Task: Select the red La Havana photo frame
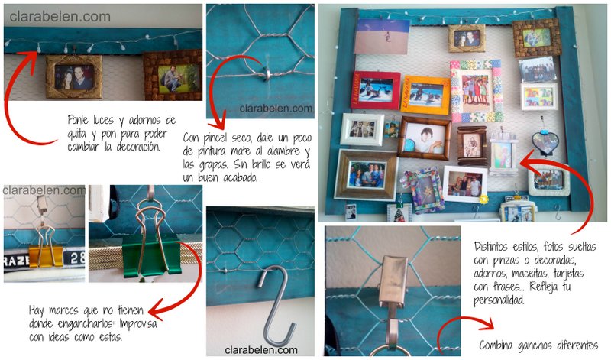coord(376,89)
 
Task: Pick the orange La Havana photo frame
coord(425,95)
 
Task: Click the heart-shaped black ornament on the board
coord(545,141)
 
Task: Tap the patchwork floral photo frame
coord(476,90)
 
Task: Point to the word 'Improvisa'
coord(138,323)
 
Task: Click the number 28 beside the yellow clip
coord(77,258)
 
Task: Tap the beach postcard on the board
coord(382,36)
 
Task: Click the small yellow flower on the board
coord(484,199)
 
